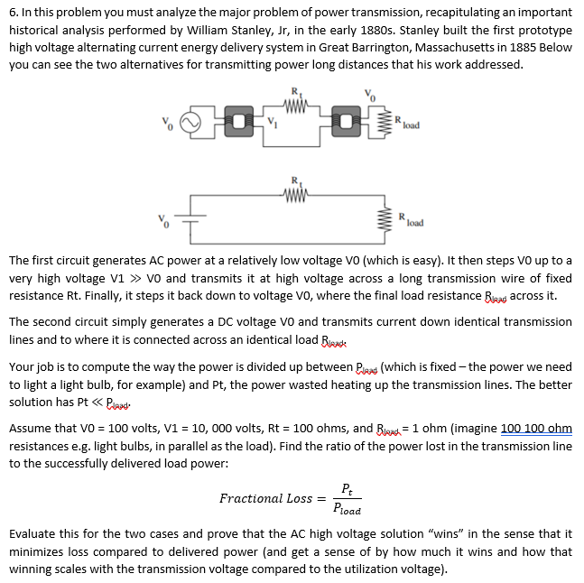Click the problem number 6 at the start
pos(13,13)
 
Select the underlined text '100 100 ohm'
pos(536,429)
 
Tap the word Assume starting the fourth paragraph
pos(31,429)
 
